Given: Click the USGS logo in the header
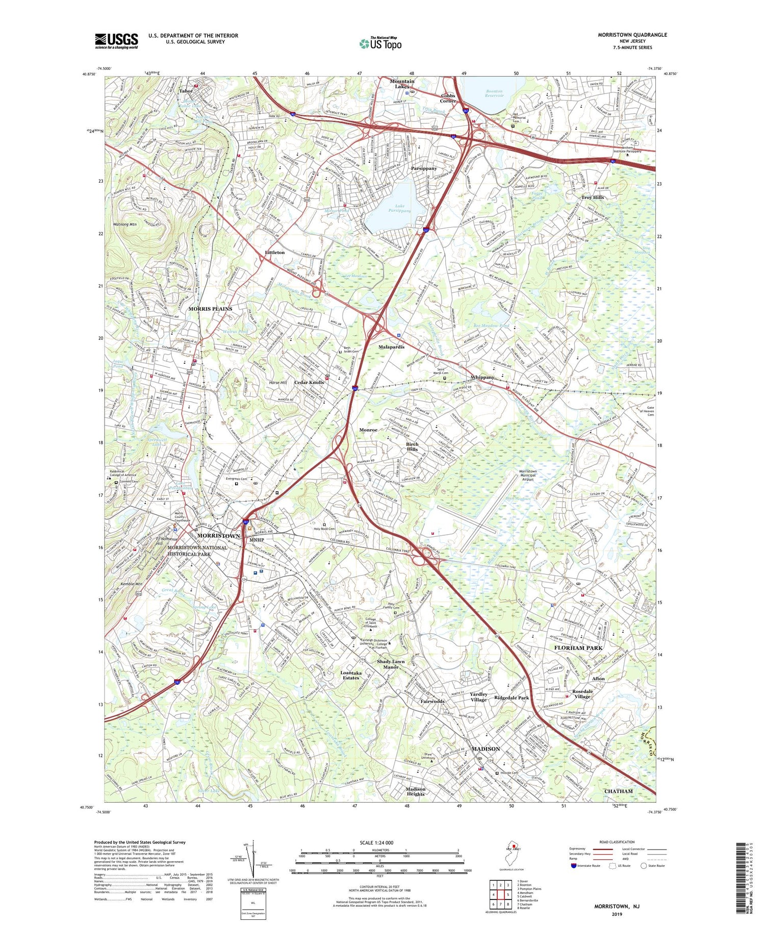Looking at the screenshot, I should [x=116, y=41].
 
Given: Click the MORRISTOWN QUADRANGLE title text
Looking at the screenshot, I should [x=632, y=35].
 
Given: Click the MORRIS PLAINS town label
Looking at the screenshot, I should [x=210, y=309].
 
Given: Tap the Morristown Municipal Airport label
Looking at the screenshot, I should [x=527, y=475].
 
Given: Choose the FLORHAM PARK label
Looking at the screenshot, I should [x=578, y=647].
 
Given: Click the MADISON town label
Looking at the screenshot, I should [x=486, y=748].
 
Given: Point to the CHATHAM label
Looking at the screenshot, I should [x=618, y=791].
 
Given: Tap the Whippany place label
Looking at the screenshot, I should [x=482, y=377].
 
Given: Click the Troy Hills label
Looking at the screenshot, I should [x=592, y=197].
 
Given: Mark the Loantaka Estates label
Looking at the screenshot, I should [x=351, y=675].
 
